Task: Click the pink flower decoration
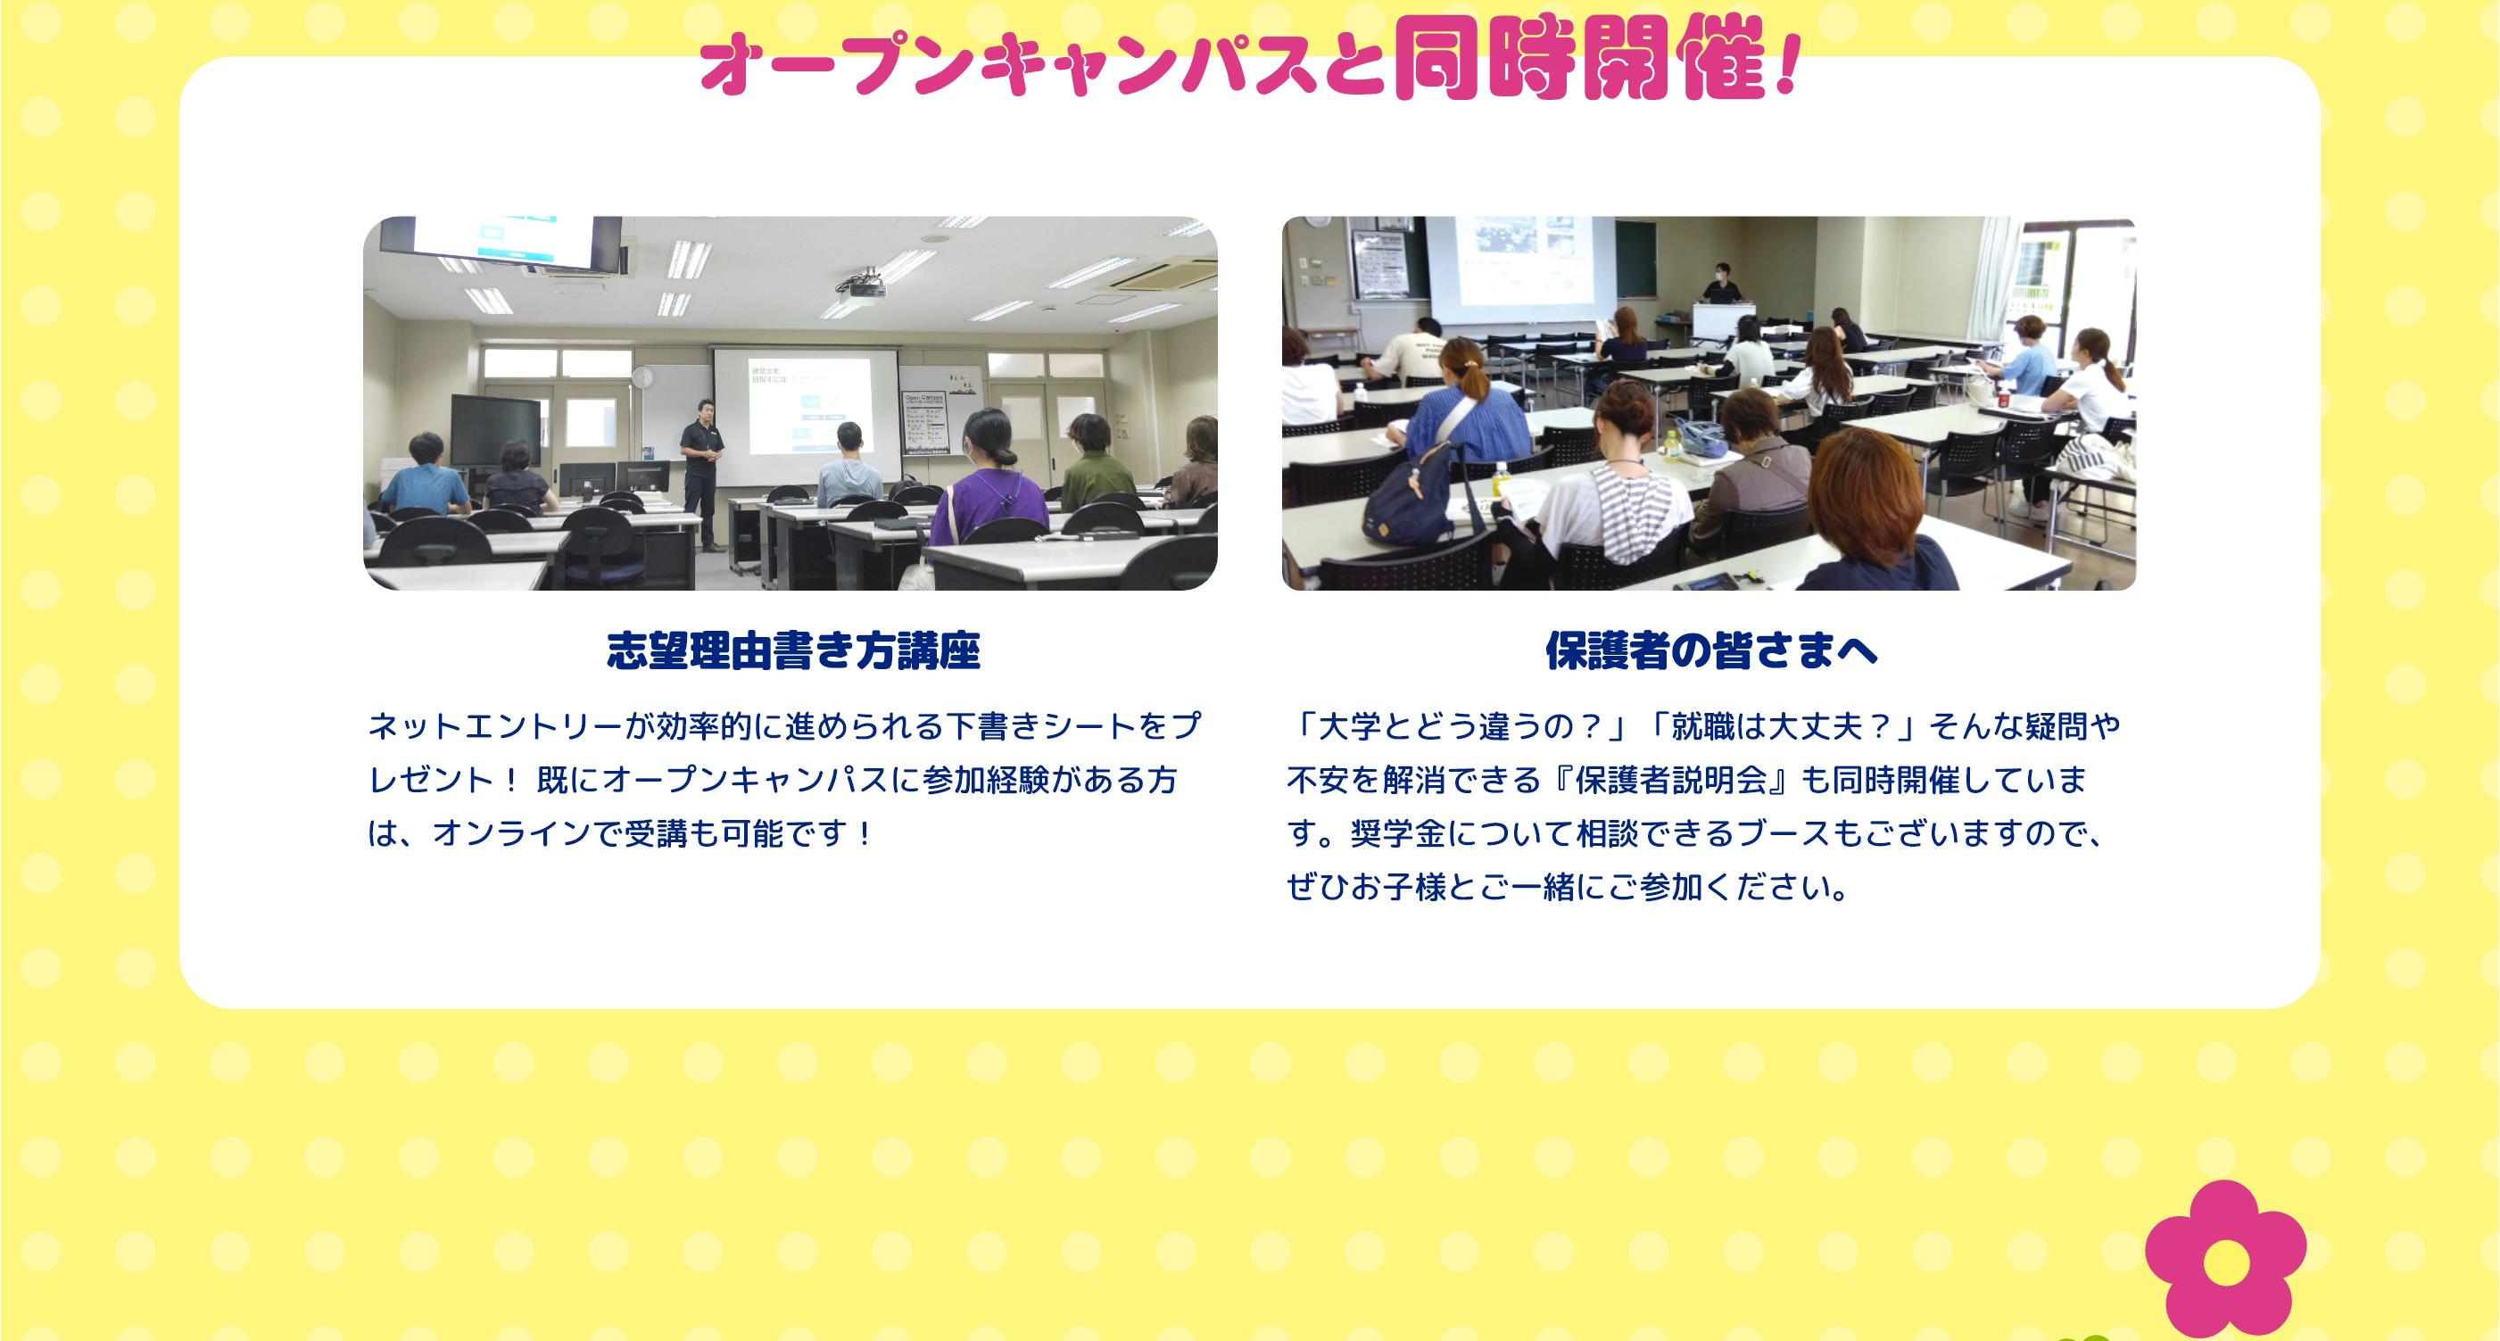point(2225,1261)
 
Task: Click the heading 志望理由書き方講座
point(793,650)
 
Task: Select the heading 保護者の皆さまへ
point(1711,650)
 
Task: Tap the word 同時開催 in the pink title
point(1580,57)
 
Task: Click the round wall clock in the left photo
point(642,377)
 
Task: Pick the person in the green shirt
point(1096,462)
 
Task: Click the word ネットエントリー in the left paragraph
point(496,725)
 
